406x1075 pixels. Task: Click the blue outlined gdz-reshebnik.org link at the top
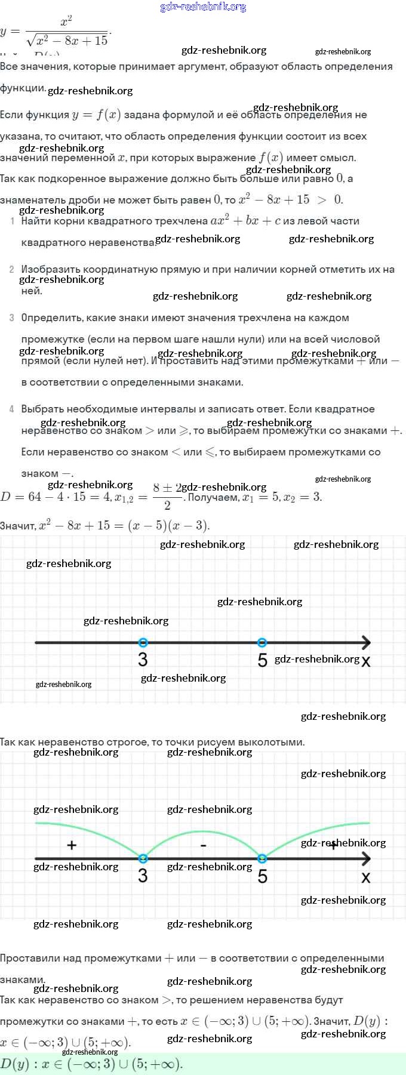[x=203, y=7]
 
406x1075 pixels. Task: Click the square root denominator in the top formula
[x=67, y=41]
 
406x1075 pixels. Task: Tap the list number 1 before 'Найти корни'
[x=13, y=221]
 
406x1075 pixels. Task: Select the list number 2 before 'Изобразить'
[x=12, y=270]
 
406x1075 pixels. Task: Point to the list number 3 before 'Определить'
[x=12, y=318]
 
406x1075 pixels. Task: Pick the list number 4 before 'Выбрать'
[x=12, y=409]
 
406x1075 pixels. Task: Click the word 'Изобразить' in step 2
[x=48, y=270]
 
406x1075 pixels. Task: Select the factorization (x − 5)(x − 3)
[x=168, y=526]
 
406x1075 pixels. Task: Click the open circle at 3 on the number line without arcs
[x=143, y=643]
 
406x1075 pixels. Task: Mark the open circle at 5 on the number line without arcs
[x=262, y=643]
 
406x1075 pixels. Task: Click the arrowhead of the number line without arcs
[x=365, y=643]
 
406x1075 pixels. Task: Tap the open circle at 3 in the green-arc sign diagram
[x=143, y=859]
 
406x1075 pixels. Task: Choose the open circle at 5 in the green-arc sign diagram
[x=262, y=859]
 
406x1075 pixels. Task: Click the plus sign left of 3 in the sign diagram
[x=72, y=845]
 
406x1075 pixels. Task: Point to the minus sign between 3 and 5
[x=203, y=846]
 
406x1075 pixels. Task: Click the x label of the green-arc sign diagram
[x=366, y=877]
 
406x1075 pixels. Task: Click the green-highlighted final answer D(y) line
[x=91, y=1064]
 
